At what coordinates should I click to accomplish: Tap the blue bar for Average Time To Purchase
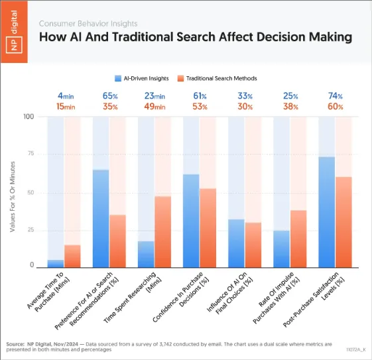point(56,263)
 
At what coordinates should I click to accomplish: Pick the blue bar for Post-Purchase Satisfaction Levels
point(326,211)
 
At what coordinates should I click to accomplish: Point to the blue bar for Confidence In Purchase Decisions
point(191,219)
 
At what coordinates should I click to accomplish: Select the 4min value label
point(64,95)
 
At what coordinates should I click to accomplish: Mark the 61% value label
point(199,95)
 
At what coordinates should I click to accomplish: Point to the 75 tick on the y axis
point(29,154)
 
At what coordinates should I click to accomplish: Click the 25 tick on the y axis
point(29,229)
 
